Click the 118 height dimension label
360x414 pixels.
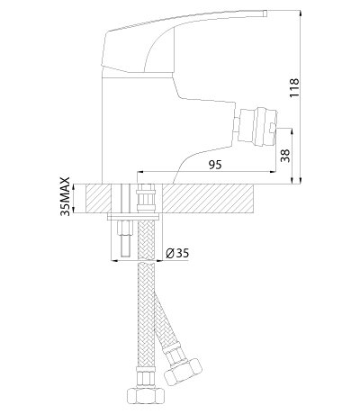(294, 87)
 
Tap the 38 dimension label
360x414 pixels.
(285, 156)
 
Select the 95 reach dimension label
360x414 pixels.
(215, 165)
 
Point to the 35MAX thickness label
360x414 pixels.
(65, 196)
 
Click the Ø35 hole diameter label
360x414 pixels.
(177, 254)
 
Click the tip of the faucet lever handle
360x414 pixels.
(265, 13)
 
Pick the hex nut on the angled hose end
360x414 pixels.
(183, 371)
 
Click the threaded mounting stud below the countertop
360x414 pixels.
(126, 238)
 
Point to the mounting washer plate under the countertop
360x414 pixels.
(133, 217)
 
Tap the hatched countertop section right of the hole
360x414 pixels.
(209, 199)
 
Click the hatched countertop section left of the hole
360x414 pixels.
(98, 199)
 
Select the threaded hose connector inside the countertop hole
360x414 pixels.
(146, 199)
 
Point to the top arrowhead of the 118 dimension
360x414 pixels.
(301, 13)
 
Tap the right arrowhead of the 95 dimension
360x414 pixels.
(273, 172)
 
